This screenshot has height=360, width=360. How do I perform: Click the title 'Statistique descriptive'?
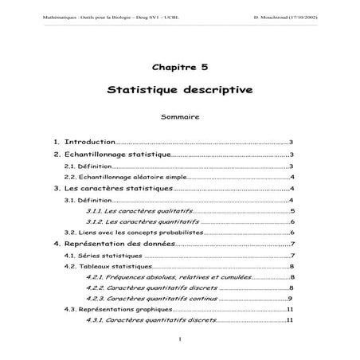point(179,90)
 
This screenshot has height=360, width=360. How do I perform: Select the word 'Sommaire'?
point(179,117)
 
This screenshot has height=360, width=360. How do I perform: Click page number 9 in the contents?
point(291,298)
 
